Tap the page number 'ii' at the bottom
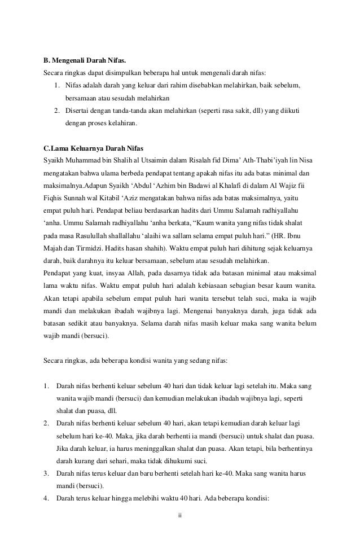(x=179, y=515)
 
